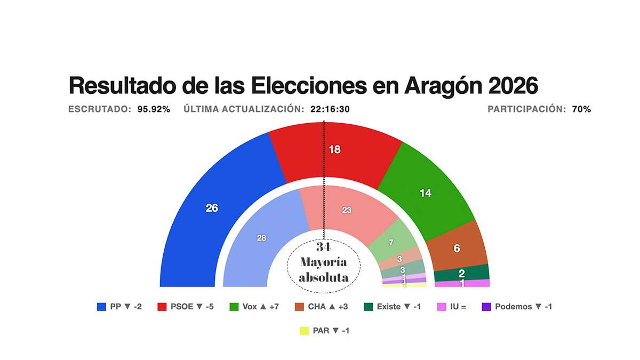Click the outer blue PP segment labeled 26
point(212,208)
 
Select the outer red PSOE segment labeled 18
point(335,150)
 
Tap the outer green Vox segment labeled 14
point(425,193)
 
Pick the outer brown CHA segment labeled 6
point(457,248)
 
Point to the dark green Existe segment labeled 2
point(462,273)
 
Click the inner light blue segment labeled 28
point(261,238)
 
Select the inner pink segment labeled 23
point(347,210)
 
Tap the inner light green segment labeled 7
point(391,243)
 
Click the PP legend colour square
point(101,307)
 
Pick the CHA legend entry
point(322,307)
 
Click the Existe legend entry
point(392,307)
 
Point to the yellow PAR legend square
point(305,331)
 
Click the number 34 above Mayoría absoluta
point(323,247)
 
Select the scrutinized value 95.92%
point(154,109)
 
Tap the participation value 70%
point(581,109)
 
